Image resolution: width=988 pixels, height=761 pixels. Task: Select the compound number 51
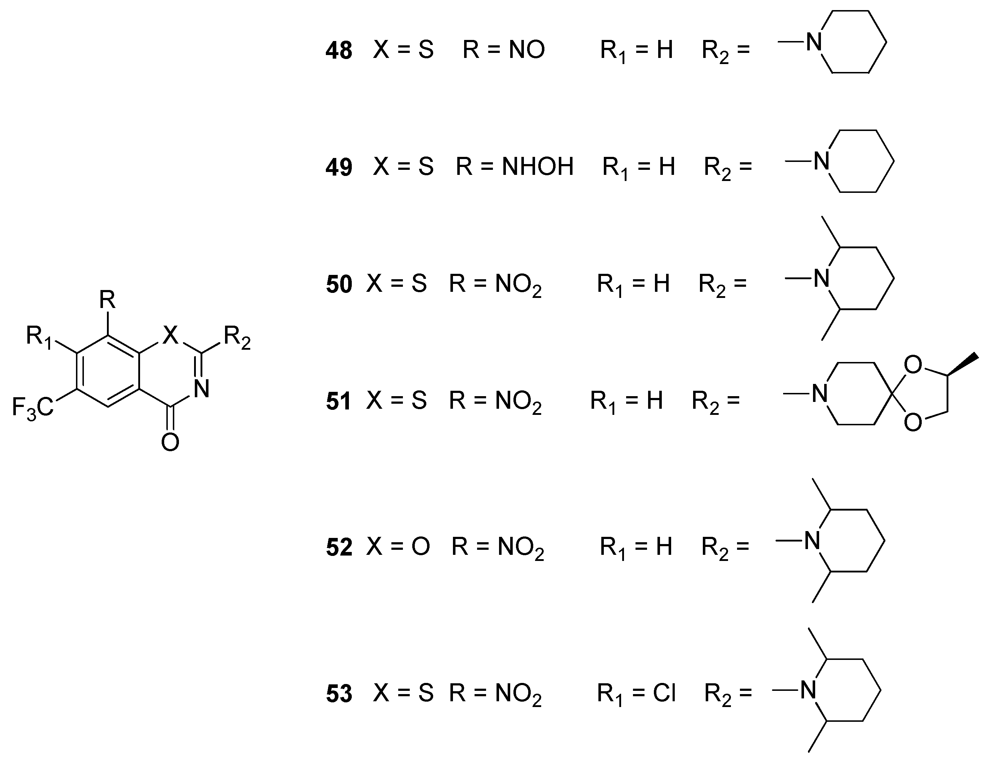pos(338,402)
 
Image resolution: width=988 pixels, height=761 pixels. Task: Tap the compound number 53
pos(339,694)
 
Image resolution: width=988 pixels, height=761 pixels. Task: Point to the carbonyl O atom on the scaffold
pos(170,442)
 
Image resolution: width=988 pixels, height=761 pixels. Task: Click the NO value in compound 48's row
pos(526,50)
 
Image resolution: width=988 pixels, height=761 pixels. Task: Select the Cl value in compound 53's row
pos(664,693)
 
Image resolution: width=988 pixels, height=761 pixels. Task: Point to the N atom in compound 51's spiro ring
pos(820,393)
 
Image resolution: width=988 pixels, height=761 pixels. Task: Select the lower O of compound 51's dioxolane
pos(912,422)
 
